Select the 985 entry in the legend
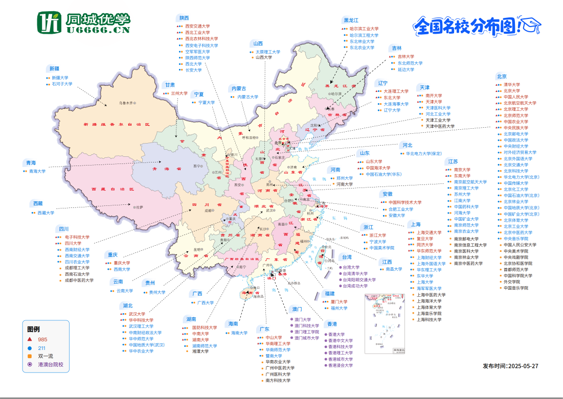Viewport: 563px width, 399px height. coord(42,339)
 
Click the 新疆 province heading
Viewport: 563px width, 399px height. coord(54,68)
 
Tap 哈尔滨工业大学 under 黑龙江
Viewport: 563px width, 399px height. coord(364,29)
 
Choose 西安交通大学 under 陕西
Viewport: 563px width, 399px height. coord(197,26)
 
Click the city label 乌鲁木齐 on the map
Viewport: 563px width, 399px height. coord(126,103)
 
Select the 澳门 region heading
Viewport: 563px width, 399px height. coord(297,309)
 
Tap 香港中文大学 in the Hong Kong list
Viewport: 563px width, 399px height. coord(340,340)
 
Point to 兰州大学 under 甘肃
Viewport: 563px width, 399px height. coord(179,93)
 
